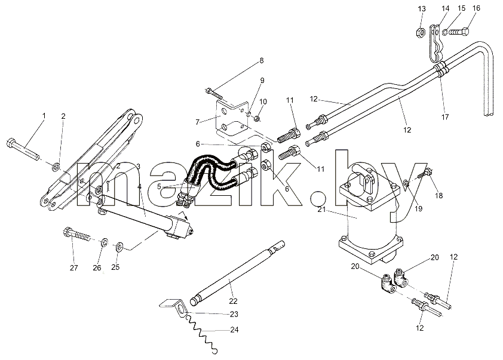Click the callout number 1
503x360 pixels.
44,116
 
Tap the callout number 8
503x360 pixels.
262,60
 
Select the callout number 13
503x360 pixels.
422,9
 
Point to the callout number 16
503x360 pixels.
476,8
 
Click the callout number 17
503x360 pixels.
445,117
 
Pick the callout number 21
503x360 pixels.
322,210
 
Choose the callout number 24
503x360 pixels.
235,330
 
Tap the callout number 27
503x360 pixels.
74,267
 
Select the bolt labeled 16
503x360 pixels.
459,32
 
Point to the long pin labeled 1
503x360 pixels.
23,148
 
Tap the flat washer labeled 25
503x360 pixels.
119,247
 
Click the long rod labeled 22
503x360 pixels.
237,273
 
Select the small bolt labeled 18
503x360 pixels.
424,176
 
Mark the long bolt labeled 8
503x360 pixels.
214,93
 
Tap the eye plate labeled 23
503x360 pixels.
174,307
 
